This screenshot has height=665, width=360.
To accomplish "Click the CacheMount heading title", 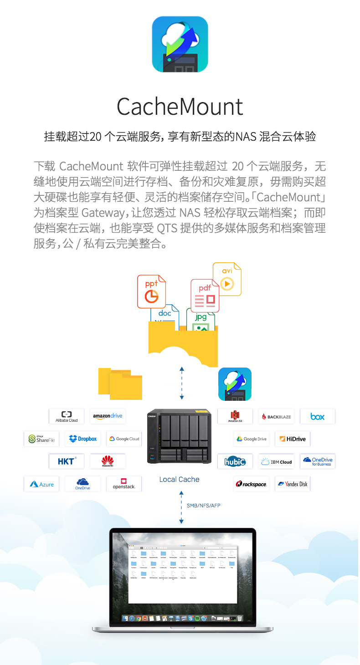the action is pyautogui.click(x=180, y=106).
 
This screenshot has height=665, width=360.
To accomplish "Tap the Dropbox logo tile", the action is pyautogui.click(x=83, y=439).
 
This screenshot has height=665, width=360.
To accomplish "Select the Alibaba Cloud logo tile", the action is pyautogui.click(x=67, y=416).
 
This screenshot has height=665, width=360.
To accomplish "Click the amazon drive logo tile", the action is pyautogui.click(x=108, y=416).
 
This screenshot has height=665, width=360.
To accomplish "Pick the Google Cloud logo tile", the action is pyautogui.click(x=124, y=439).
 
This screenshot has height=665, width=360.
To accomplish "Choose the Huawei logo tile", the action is pyautogui.click(x=108, y=461).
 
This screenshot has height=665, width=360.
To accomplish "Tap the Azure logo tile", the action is pyautogui.click(x=41, y=484).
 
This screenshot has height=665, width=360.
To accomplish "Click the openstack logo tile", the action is pyautogui.click(x=124, y=484).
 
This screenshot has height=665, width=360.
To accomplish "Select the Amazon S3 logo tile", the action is pyautogui.click(x=235, y=416).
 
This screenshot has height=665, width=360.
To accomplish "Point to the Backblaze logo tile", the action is pyautogui.click(x=276, y=416).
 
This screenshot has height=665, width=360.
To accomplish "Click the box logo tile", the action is pyautogui.click(x=318, y=416).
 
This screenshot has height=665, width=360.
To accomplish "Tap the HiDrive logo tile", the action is pyautogui.click(x=293, y=439).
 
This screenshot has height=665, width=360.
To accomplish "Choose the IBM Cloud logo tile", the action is pyautogui.click(x=276, y=461).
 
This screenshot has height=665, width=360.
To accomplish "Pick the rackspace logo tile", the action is pyautogui.click(x=251, y=484).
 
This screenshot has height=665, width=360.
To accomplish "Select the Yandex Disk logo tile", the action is pyautogui.click(x=293, y=484).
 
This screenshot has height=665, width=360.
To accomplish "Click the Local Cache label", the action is pyautogui.click(x=179, y=479).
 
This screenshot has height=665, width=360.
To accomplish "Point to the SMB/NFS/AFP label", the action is pyautogui.click(x=203, y=506).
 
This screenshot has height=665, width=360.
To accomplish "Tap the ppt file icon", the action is pyautogui.click(x=151, y=291).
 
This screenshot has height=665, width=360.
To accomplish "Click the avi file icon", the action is pyautogui.click(x=227, y=279).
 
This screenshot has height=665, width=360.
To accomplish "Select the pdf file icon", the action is pyautogui.click(x=205, y=295).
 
